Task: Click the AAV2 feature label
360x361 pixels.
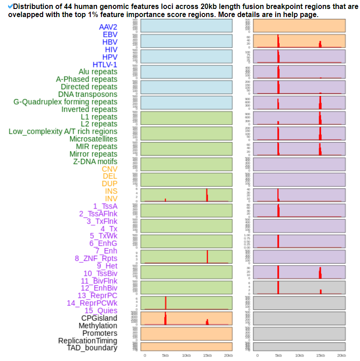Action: (108, 27)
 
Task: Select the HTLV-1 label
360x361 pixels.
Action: (105, 65)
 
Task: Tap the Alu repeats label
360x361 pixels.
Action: (98, 72)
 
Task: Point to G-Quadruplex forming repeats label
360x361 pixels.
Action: (66, 102)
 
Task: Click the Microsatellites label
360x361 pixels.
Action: (93, 139)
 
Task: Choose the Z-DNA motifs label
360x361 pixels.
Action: (95, 161)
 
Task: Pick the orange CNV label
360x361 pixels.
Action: (110, 169)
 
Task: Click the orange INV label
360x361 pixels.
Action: (111, 199)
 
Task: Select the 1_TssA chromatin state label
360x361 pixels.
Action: (105, 206)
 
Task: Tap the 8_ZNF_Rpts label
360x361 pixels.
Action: (96, 258)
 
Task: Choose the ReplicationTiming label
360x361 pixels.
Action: (88, 341)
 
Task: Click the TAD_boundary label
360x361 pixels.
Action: (92, 348)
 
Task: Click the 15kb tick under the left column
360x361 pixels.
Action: (207, 355)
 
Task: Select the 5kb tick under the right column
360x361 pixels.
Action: (278, 355)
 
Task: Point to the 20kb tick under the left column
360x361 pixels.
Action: (228, 355)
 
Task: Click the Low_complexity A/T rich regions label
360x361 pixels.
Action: (63, 131)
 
